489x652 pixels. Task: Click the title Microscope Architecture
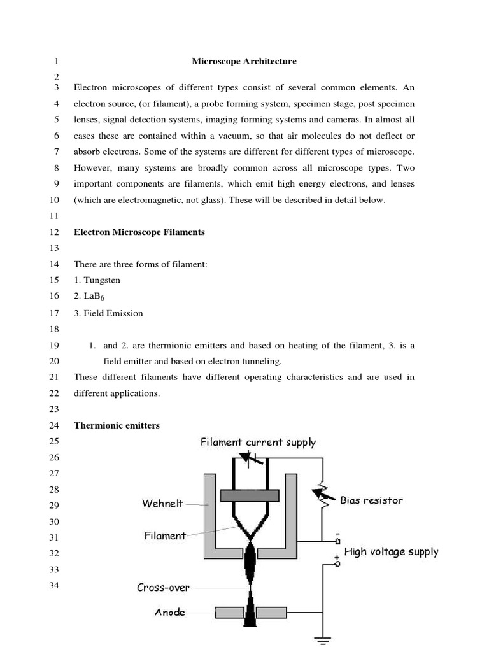click(x=244, y=62)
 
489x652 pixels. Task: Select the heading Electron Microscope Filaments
click(x=139, y=232)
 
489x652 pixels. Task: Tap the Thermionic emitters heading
click(x=117, y=425)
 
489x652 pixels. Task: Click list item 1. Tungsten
click(x=97, y=280)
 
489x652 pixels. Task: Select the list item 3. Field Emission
click(x=108, y=313)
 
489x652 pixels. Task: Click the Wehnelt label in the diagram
click(x=162, y=504)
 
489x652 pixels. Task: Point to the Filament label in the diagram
click(x=165, y=536)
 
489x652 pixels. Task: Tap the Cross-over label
click(x=163, y=588)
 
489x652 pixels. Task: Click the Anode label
click(x=170, y=613)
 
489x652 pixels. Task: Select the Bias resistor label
click(x=371, y=500)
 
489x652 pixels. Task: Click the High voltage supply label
click(x=391, y=552)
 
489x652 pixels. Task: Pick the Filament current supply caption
click(x=258, y=443)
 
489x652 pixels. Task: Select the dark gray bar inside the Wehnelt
click(x=250, y=495)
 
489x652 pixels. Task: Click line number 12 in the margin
click(x=53, y=232)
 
